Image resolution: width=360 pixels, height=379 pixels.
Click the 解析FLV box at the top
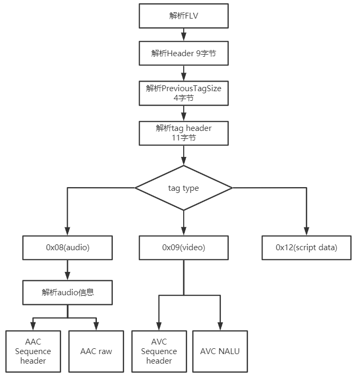[184, 16]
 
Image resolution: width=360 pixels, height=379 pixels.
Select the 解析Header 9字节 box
[184, 53]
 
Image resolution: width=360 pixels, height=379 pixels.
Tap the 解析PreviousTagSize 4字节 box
[184, 93]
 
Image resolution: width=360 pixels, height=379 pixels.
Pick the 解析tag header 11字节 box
[184, 133]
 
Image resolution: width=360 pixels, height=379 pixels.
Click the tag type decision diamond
[184, 188]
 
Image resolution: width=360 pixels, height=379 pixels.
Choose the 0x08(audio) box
[67, 248]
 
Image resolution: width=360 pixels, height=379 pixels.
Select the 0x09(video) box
[184, 248]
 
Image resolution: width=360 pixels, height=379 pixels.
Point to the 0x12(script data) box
[307, 248]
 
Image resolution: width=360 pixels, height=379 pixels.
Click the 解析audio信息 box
[67, 293]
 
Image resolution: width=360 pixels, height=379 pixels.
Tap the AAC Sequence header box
[33, 351]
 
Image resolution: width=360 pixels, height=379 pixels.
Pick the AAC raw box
[96, 351]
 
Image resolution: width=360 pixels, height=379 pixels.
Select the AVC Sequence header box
[159, 351]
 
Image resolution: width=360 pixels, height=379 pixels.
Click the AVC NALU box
[220, 351]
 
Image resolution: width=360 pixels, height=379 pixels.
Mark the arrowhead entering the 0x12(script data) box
[307, 231]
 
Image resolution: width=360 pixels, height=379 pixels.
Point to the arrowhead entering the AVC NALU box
[220, 327]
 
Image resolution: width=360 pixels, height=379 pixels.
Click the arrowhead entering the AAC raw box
[96, 327]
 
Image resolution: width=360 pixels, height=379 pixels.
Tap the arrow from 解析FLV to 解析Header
[184, 34]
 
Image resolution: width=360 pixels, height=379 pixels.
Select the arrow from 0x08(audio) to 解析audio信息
[67, 270]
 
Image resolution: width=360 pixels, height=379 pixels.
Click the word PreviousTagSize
[191, 89]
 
